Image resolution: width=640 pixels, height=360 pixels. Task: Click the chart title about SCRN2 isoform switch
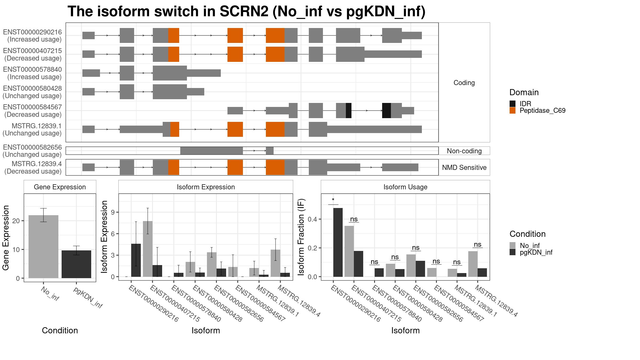click(246, 11)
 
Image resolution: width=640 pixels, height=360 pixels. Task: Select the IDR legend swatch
click(513, 104)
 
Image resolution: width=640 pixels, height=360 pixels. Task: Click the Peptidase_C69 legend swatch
click(513, 110)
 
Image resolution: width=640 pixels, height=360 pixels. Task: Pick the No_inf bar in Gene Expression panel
click(43, 247)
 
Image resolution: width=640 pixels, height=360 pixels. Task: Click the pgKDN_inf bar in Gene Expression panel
click(76, 264)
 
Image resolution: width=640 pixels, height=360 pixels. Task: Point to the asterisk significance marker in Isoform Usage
click(333, 200)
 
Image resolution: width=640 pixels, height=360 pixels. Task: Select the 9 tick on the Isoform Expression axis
click(113, 212)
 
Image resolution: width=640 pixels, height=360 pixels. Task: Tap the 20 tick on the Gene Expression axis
click(16, 221)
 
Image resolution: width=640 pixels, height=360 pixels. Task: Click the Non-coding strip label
click(464, 151)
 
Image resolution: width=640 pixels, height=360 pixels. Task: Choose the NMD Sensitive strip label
click(464, 167)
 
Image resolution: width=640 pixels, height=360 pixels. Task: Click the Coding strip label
click(464, 83)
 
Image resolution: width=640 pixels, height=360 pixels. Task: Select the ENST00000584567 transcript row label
click(33, 107)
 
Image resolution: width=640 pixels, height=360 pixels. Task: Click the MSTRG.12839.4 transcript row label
click(37, 164)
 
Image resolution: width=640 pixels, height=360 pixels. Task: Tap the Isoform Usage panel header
click(405, 187)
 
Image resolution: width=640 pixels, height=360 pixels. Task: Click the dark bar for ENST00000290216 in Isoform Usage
click(338, 242)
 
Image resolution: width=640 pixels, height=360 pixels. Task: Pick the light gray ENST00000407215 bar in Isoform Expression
click(148, 249)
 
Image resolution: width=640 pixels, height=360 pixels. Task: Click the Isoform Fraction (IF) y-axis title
click(301, 237)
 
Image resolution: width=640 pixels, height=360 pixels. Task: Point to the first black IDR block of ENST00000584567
click(349, 110)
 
